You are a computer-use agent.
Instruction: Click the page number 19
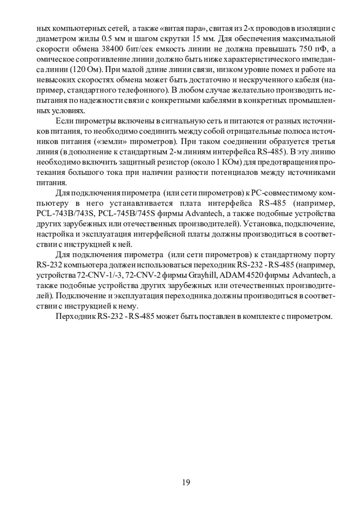[x=186, y=482]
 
